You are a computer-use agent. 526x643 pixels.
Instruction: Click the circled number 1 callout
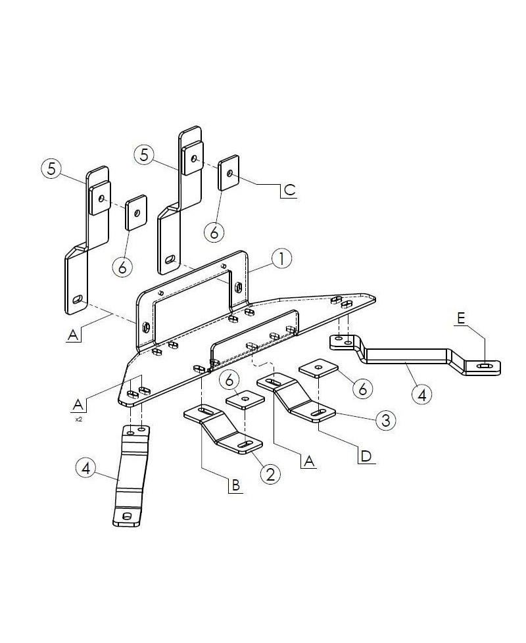[x=281, y=259]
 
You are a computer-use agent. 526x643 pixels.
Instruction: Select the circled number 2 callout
[x=270, y=472]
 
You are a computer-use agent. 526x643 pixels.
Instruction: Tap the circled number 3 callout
[x=386, y=419]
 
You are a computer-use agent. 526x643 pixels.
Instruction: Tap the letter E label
[x=461, y=318]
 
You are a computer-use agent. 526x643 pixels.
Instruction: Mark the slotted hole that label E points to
[x=485, y=366]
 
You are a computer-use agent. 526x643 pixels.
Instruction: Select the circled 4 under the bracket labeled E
[x=421, y=395]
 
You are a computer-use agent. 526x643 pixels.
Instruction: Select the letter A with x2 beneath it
[x=78, y=403]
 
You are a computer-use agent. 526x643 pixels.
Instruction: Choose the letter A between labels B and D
[x=308, y=462]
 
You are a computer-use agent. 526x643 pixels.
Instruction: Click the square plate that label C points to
[x=229, y=173]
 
